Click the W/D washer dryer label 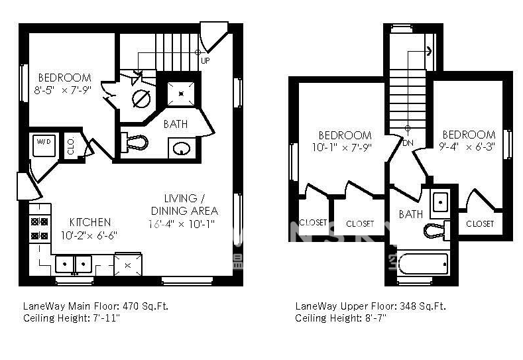[x=44, y=141]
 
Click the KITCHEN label [x=90, y=222]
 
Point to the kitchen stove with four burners [x=39, y=229]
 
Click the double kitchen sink [x=73, y=265]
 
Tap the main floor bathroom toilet [x=135, y=142]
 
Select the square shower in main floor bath [x=180, y=93]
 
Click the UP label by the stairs [x=205, y=60]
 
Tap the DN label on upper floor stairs [x=408, y=142]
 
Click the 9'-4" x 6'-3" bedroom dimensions [x=467, y=147]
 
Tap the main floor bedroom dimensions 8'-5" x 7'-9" [x=64, y=90]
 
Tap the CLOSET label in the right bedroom [x=479, y=223]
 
